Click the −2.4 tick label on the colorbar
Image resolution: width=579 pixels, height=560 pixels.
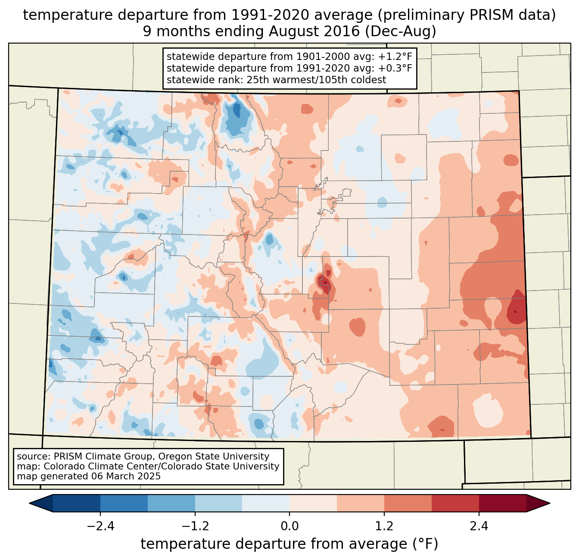coord(100,526)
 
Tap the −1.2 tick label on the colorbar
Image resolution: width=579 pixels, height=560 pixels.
coord(195,526)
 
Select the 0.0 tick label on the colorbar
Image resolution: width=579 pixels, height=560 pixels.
coord(289,526)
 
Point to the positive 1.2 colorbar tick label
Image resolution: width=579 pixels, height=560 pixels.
coord(384,526)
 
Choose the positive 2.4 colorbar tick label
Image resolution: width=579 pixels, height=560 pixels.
coord(479,526)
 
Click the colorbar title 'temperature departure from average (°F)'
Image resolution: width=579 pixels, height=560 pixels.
coord(289,544)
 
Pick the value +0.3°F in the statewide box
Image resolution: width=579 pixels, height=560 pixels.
coord(395,68)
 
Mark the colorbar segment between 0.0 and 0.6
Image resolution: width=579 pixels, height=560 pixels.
coord(313,503)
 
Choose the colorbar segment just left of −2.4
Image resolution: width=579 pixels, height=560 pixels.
coord(77,503)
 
